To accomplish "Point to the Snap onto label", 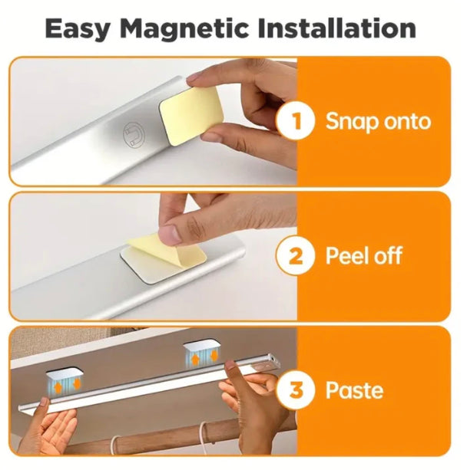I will tap(377, 121).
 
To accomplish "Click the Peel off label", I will tap(363, 255).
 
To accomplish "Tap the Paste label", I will tap(354, 389).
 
